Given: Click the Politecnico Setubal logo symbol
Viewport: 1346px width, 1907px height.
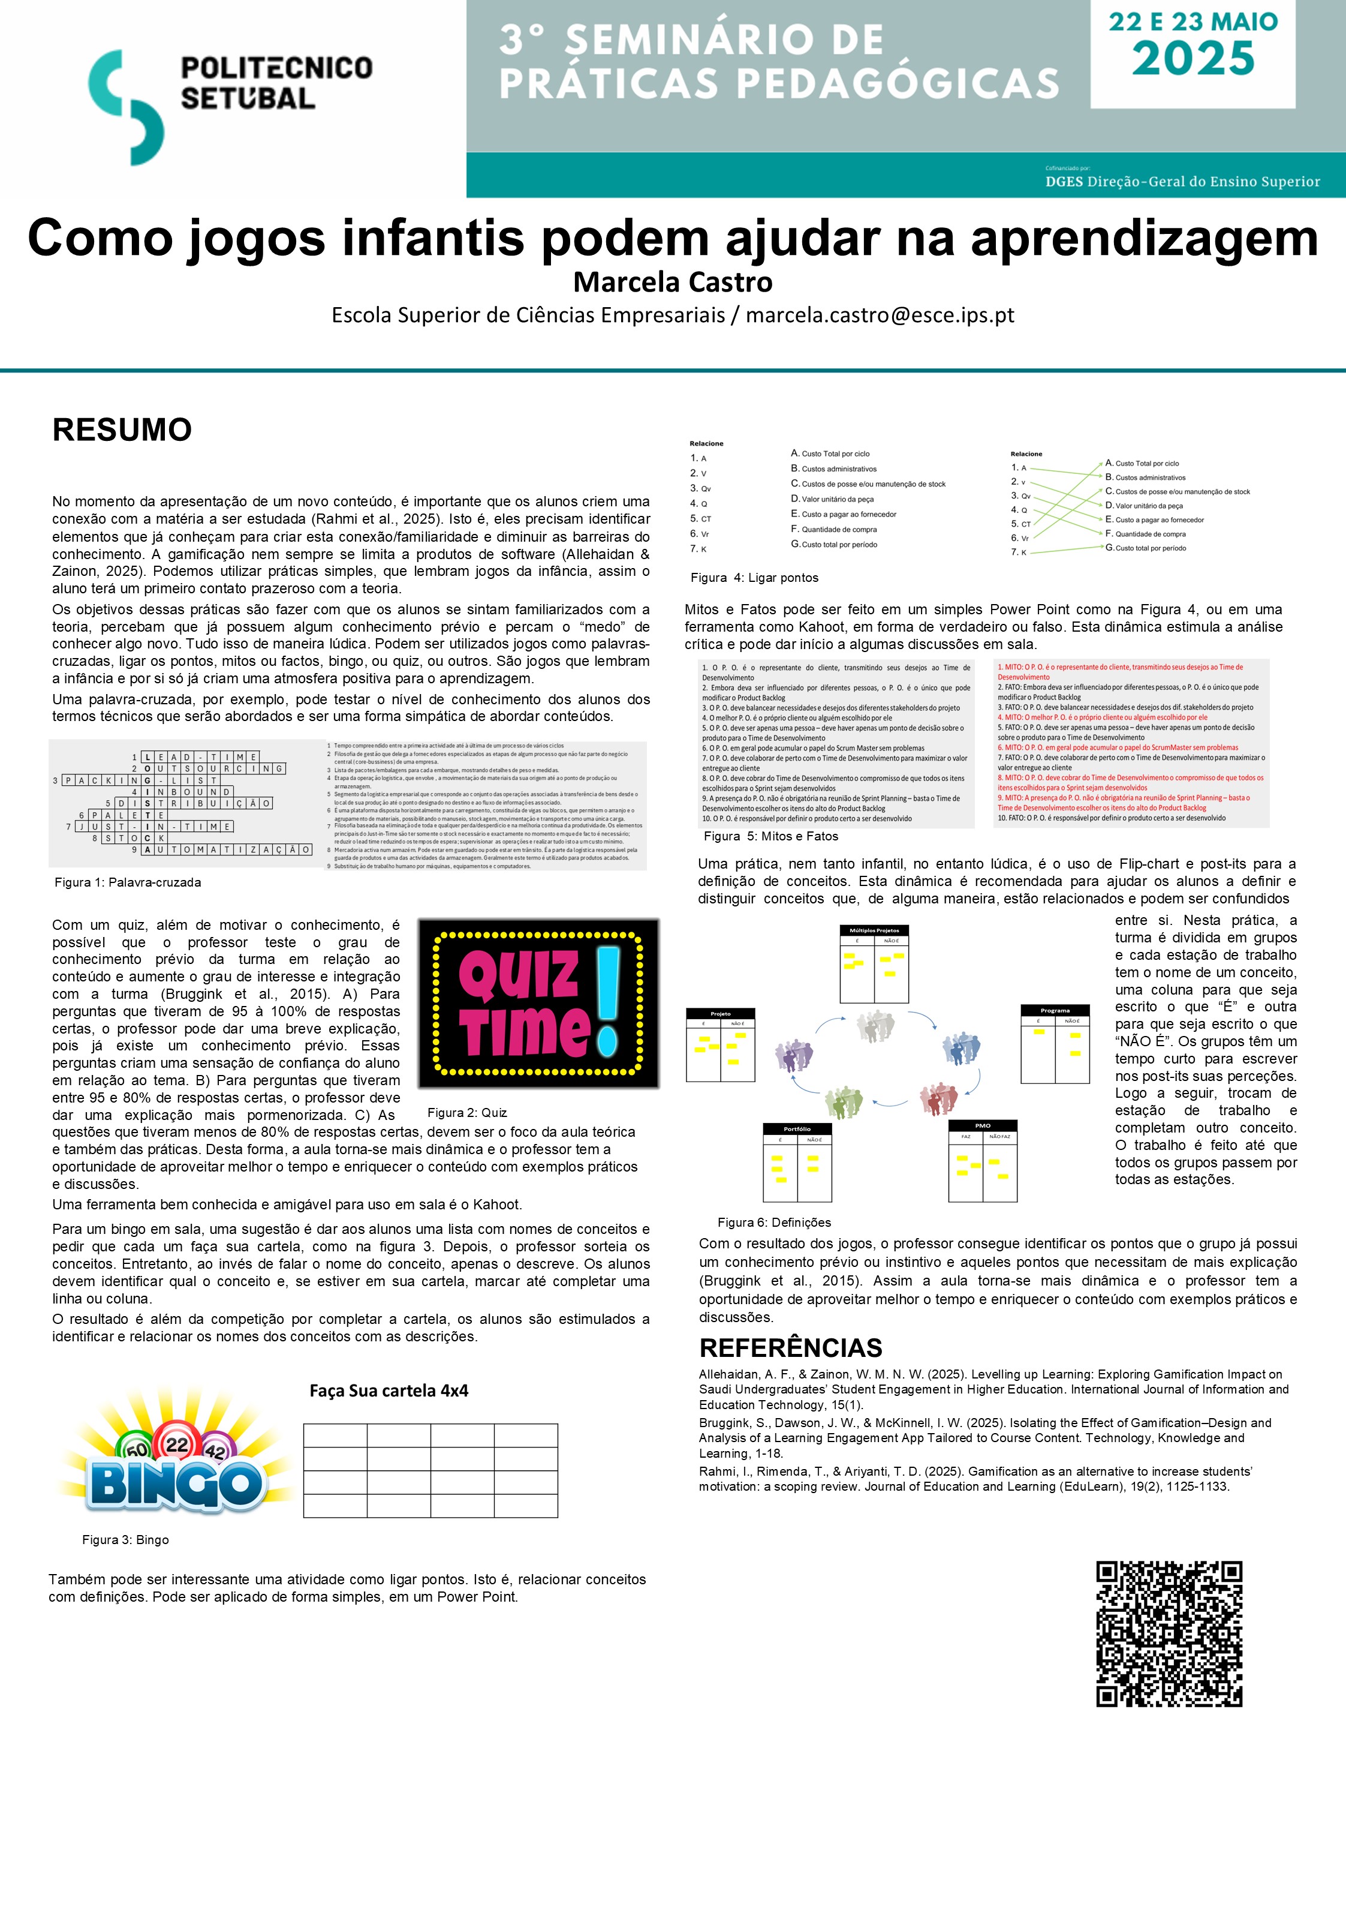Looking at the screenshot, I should click(x=127, y=106).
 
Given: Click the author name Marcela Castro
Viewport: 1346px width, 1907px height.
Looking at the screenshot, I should click(x=673, y=283).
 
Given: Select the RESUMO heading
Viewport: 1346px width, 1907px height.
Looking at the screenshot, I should click(x=122, y=430).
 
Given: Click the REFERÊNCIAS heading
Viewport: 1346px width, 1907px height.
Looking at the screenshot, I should click(x=790, y=1347).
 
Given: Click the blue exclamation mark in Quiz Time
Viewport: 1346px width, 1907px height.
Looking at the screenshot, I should click(x=608, y=1000).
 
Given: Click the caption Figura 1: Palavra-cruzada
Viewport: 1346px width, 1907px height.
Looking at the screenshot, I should click(x=128, y=882).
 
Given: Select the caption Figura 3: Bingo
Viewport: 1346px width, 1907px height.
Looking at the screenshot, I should click(x=125, y=1540).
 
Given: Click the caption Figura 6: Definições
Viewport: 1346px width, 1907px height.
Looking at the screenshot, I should click(x=774, y=1223).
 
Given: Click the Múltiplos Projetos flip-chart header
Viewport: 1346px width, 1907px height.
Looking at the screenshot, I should click(x=874, y=930).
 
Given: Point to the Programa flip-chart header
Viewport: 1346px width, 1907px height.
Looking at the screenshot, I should click(x=1055, y=1011).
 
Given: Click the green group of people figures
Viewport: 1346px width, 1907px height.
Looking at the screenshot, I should click(x=844, y=1102).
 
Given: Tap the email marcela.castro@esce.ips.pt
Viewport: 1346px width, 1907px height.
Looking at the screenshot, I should click(x=880, y=316).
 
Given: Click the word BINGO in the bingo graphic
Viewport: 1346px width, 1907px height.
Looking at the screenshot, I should click(x=174, y=1483).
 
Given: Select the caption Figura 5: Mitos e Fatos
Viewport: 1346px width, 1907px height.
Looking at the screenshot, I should click(x=770, y=836).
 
